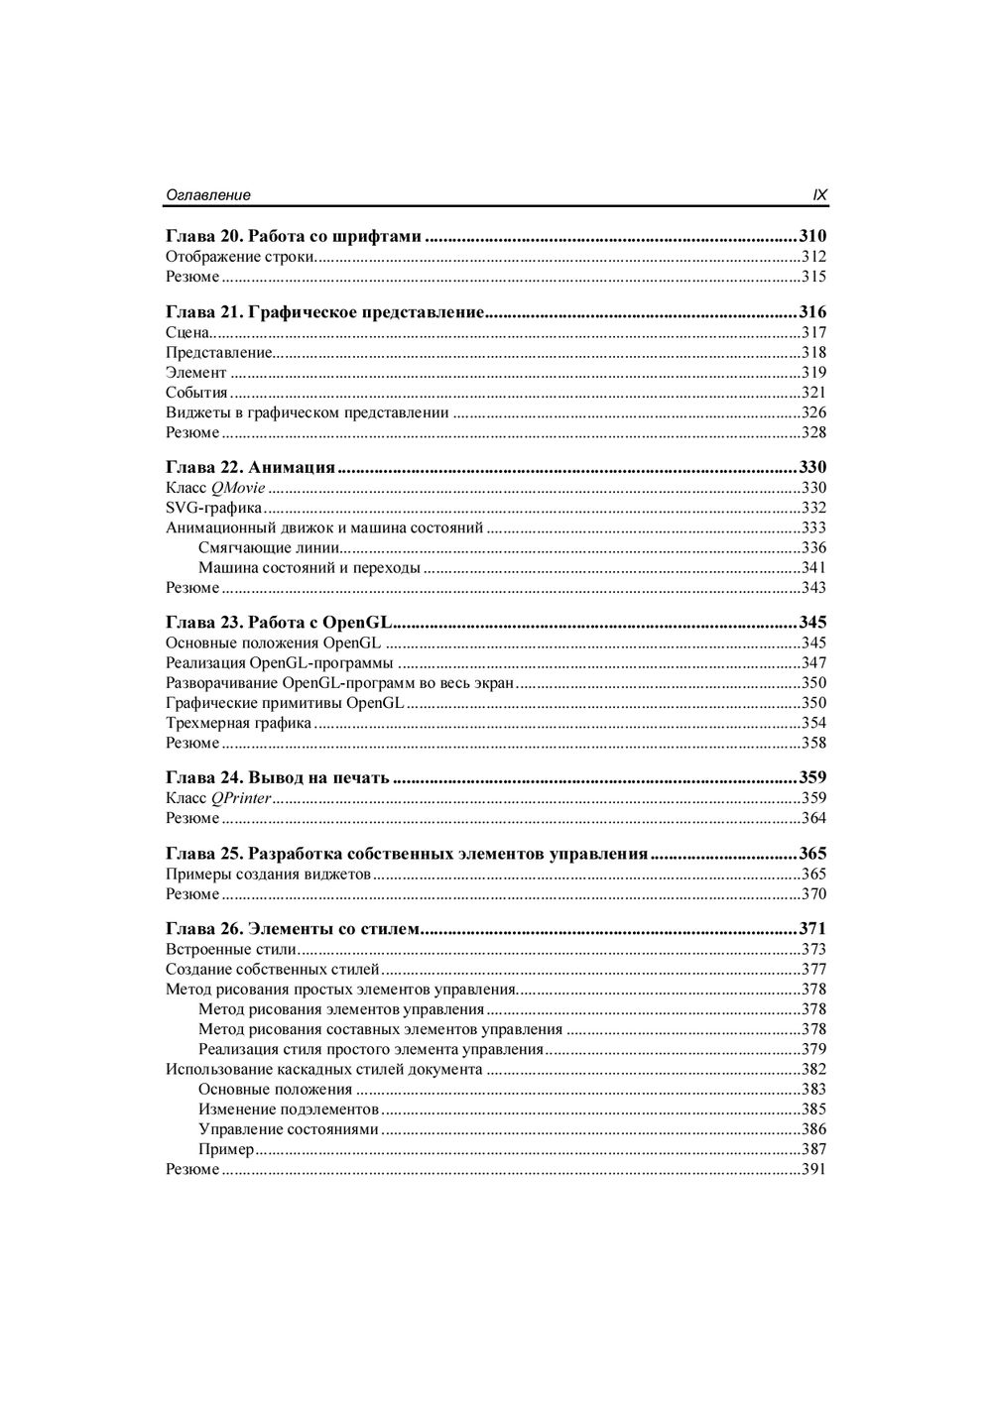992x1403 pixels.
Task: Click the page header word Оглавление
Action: tap(208, 196)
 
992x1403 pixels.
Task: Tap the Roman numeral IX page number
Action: tap(819, 196)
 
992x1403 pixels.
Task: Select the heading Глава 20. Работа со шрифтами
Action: tap(294, 237)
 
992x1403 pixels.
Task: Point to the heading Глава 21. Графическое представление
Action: tap(324, 312)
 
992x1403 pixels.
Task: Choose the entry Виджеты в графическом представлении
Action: tap(308, 412)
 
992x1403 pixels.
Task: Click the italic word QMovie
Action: tap(238, 488)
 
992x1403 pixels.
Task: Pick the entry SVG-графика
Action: tap(213, 508)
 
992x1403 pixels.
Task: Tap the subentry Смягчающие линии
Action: tap(269, 548)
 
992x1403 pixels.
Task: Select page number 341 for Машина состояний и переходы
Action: tap(813, 568)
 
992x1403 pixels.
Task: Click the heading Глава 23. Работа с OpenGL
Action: tap(279, 623)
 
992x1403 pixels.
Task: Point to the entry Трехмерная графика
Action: tap(238, 723)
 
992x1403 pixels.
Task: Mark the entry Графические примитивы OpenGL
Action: tap(285, 703)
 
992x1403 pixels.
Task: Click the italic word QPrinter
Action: tap(241, 798)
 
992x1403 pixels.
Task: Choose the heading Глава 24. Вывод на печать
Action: tap(277, 777)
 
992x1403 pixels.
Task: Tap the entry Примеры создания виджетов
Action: tap(268, 875)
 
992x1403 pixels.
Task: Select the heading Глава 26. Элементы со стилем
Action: tap(294, 929)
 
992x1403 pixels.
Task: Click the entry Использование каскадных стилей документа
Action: tap(324, 1070)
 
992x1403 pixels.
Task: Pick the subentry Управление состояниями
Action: tap(289, 1129)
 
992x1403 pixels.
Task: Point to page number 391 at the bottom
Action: tap(813, 1170)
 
